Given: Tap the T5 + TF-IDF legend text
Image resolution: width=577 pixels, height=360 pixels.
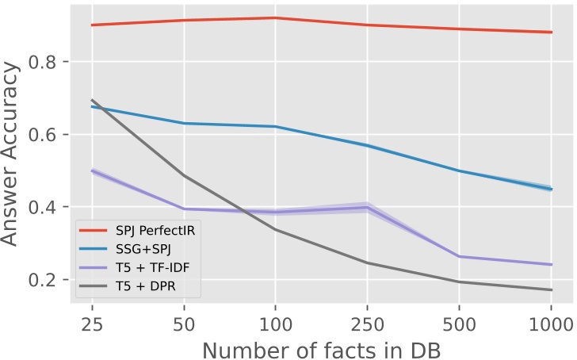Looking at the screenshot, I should tap(147, 265).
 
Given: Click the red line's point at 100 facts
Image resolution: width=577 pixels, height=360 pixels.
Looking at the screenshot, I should tap(275, 17).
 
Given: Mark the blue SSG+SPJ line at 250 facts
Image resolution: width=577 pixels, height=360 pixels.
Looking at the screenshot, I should tap(367, 145).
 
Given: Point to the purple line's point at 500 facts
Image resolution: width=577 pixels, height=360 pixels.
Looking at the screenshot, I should tap(459, 256).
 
